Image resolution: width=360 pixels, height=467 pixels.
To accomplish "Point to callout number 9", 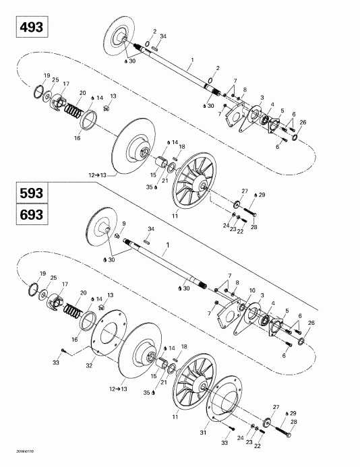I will pos(123,223).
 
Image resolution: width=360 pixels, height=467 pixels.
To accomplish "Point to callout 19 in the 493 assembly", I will pos(47,75).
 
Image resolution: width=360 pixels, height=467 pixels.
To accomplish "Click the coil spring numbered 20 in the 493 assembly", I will pos(75,108).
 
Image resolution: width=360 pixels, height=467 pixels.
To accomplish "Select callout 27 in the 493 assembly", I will pos(245,191).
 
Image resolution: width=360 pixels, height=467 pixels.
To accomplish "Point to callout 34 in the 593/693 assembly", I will pos(150,230).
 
